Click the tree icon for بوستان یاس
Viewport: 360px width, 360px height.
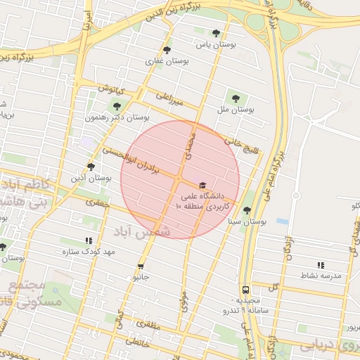[216, 33]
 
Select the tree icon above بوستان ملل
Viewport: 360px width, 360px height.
[236, 98]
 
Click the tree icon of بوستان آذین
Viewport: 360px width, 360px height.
[91, 167]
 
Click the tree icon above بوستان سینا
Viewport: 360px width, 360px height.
[246, 210]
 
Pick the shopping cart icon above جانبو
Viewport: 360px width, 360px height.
[141, 266]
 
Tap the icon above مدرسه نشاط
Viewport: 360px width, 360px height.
[321, 265]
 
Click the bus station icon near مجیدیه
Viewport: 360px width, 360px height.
[245, 289]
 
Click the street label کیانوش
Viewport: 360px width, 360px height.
[110, 90]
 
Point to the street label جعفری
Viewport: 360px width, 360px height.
[96, 202]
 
